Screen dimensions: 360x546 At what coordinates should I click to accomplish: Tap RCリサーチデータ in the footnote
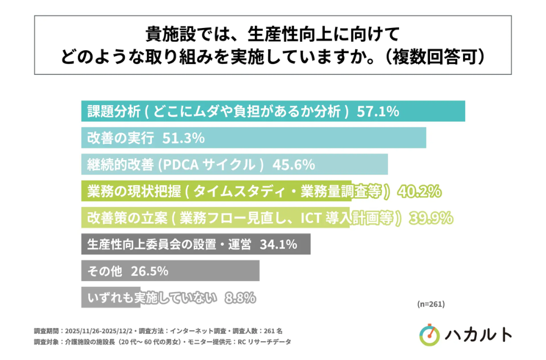pyautogui.click(x=268, y=342)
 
